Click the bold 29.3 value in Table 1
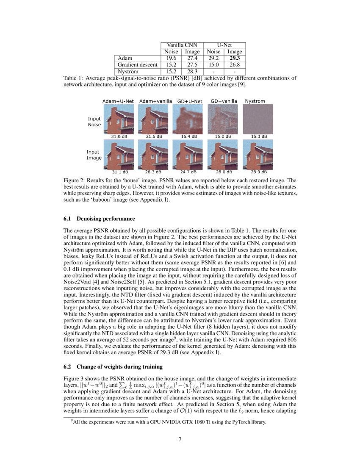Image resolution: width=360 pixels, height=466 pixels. coord(235,58)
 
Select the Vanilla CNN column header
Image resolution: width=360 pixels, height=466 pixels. coord(182,45)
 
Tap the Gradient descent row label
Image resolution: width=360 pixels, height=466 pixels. coord(138,65)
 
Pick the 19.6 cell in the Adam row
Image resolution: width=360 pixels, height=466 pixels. coord(171,58)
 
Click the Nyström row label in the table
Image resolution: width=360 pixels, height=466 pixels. coord(129,71)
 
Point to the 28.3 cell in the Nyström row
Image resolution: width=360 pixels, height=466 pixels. coord(192,71)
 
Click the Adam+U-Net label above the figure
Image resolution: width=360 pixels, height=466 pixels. coord(118,101)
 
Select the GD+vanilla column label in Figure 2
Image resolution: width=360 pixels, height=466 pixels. coord(223,101)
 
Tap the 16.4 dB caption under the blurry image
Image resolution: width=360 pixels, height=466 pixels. coord(188,136)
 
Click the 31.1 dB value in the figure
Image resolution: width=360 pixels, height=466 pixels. coord(119,172)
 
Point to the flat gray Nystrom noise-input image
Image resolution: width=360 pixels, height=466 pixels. coord(258,119)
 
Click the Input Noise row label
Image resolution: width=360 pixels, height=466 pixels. coord(94,122)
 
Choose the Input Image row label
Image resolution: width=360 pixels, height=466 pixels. coord(94,155)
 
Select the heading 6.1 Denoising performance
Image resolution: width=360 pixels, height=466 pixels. coord(99,219)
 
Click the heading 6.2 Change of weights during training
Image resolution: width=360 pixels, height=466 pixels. coord(113,366)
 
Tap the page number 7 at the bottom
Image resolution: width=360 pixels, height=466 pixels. coord(180,439)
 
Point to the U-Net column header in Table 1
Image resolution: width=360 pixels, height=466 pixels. coord(224,45)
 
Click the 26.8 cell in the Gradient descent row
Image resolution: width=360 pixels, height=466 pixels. coord(235,65)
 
